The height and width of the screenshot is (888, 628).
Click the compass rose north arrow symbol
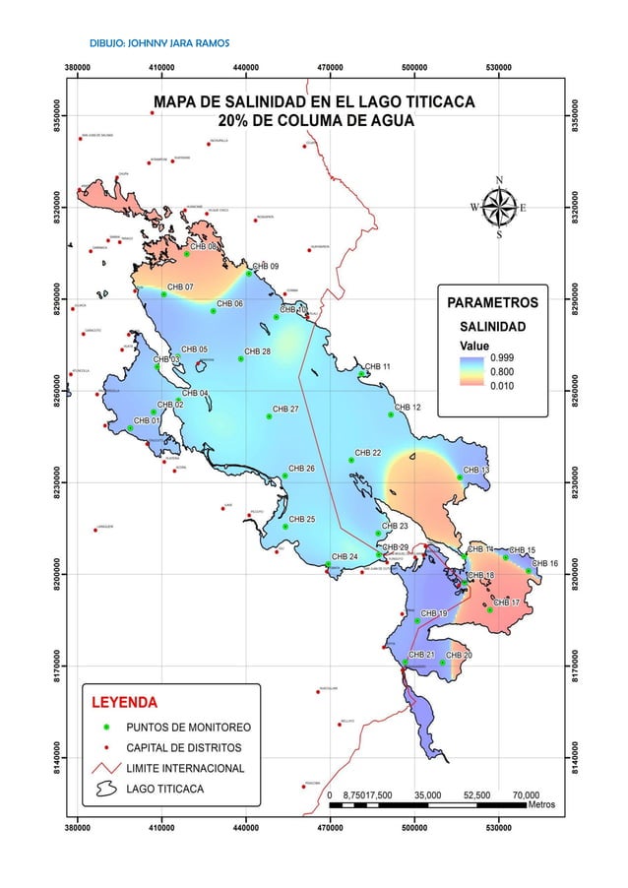point(499,207)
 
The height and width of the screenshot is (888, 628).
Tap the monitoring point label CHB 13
point(476,470)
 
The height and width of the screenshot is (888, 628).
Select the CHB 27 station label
point(285,409)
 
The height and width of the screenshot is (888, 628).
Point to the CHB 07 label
point(180,286)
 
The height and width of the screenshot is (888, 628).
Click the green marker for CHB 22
point(351,460)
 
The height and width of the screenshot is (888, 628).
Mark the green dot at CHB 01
point(130,427)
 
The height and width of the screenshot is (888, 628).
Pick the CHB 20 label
point(459,655)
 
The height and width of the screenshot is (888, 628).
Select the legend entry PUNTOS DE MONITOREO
point(188,728)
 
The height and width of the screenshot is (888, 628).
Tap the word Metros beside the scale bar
point(541,804)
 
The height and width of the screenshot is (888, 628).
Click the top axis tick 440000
point(246,69)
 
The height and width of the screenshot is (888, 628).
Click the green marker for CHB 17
point(489,609)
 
